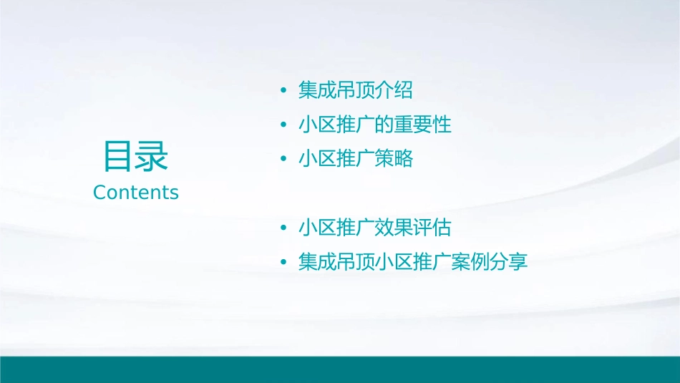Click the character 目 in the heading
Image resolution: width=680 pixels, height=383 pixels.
click(119, 157)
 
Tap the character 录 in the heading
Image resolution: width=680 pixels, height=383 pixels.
click(152, 157)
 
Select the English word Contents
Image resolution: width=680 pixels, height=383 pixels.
click(136, 193)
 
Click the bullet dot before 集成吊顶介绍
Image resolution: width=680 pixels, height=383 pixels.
click(284, 91)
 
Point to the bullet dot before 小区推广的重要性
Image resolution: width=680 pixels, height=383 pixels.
click(284, 125)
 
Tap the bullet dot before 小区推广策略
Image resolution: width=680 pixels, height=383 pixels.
click(284, 160)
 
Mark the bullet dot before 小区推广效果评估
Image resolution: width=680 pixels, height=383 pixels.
click(284, 228)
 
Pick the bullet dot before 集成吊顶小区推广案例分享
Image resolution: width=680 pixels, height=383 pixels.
click(284, 263)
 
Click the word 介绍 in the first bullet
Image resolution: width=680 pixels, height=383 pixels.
click(394, 90)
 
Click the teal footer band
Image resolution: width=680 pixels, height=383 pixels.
click(340, 369)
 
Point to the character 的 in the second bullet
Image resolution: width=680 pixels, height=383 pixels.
click(384, 125)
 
